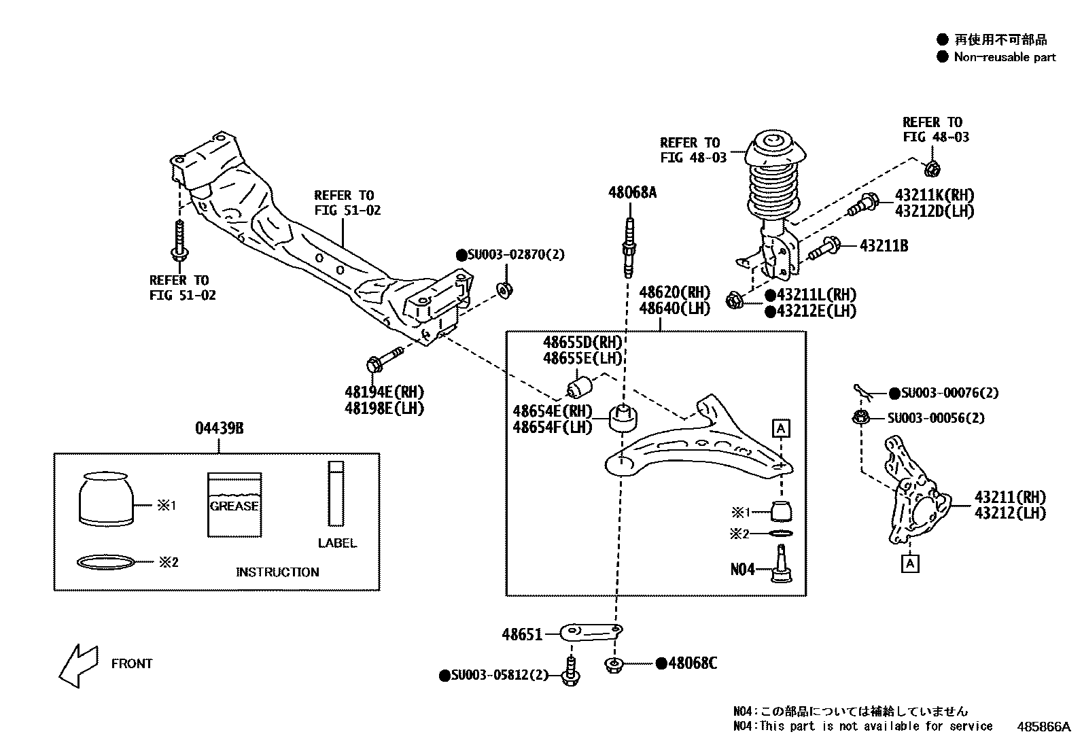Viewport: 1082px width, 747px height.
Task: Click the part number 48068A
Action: click(631, 192)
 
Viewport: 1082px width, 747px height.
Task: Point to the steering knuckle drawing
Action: click(915, 493)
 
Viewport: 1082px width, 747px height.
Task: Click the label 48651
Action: click(521, 635)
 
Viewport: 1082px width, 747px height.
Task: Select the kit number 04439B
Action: click(219, 428)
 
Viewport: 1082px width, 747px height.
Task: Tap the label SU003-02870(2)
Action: click(510, 255)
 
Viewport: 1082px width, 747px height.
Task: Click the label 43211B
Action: click(884, 245)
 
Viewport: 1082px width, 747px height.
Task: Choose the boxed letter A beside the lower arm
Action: click(781, 428)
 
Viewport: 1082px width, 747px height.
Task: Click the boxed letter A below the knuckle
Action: click(910, 563)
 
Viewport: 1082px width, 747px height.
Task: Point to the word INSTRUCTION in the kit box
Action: click(277, 572)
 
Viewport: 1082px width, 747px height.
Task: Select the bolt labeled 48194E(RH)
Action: click(385, 358)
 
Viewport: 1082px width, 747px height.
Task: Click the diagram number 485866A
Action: click(1043, 726)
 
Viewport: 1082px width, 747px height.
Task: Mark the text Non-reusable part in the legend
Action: click(1005, 57)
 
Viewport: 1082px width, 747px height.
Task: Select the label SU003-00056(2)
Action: click(935, 418)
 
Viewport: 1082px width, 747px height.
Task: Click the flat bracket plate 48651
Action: click(591, 633)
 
